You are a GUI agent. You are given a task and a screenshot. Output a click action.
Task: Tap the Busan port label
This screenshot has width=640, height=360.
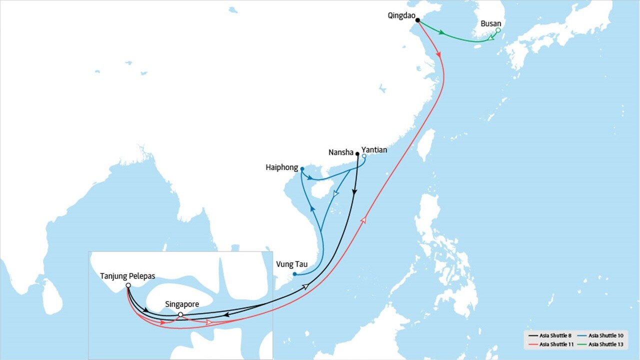click(490, 23)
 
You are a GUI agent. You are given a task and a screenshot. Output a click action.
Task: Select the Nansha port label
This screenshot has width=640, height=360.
click(341, 152)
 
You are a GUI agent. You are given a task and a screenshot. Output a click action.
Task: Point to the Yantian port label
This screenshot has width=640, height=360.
click(374, 149)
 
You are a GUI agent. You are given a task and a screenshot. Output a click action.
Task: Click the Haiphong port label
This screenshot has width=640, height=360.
click(282, 168)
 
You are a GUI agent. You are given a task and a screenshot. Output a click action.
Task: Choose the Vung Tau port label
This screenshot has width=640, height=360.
click(291, 264)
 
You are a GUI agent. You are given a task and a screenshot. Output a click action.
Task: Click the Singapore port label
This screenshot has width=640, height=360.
click(182, 304)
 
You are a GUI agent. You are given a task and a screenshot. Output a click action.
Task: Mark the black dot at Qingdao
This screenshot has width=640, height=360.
click(417, 20)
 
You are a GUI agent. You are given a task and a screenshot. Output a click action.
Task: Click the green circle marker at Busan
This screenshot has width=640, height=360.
click(498, 30)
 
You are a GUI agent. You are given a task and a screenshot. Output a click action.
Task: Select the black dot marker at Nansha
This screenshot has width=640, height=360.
click(357, 154)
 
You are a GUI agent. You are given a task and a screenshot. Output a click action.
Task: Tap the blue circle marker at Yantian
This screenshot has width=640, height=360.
click(364, 156)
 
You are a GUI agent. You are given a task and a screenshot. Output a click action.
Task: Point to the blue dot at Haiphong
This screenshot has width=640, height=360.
click(302, 168)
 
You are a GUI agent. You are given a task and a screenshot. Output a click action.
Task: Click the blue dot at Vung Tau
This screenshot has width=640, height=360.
click(295, 274)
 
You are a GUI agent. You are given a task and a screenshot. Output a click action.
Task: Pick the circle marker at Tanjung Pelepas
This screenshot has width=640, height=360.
click(128, 285)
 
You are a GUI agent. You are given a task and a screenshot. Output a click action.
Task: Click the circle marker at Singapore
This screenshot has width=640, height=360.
click(180, 314)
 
